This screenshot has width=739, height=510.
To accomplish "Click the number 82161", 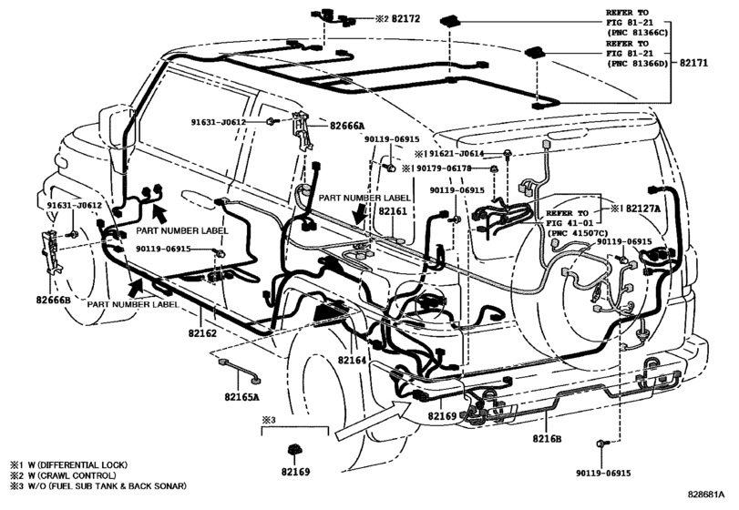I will (393, 211).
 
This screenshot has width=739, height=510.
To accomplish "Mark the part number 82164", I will (352, 361).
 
